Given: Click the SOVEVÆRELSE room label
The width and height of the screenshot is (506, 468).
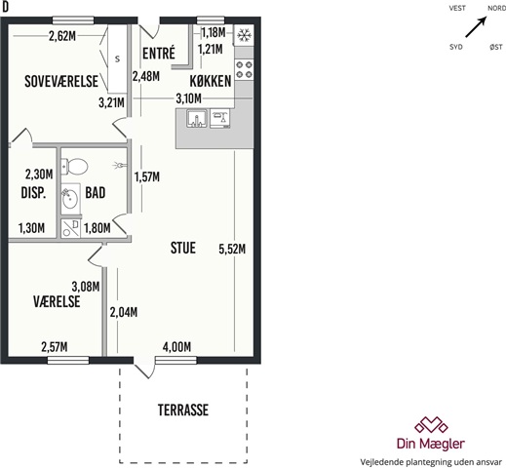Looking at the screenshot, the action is tap(61, 81).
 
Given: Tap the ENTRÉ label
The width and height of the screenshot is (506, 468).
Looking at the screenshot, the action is tap(159, 53).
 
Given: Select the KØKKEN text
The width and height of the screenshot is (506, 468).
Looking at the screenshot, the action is tap(211, 81).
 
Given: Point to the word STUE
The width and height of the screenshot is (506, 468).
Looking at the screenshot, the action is tap(183, 248).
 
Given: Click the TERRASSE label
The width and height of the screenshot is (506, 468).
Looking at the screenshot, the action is tap(183, 410).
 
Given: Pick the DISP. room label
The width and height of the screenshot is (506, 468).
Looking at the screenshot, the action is tap(33, 193).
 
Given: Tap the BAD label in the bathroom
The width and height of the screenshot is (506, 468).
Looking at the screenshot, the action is tap(96, 193).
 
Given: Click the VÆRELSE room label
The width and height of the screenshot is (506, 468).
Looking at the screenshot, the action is tap(57, 301).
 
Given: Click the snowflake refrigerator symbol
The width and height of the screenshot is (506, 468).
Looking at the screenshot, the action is tap(244, 35).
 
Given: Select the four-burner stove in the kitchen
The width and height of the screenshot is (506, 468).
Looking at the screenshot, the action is tap(244, 69).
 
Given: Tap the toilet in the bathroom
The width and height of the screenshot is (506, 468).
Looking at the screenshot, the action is tap(75, 166).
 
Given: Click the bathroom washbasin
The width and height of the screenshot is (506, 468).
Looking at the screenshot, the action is tap(70, 198).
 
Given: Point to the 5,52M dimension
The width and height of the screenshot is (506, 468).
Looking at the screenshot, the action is tap(232, 250).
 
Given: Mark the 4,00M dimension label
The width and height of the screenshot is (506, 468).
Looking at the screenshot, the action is tap(176, 347).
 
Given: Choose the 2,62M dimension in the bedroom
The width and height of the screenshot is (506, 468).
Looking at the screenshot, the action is tap(62, 36).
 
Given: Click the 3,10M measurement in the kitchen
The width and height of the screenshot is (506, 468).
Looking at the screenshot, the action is tap(188, 98).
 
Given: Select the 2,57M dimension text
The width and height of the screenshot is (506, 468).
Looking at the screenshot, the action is tap(55, 347).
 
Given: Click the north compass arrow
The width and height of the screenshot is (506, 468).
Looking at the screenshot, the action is tap(476, 27).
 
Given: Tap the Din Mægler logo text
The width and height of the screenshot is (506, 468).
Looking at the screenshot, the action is tap(431, 444).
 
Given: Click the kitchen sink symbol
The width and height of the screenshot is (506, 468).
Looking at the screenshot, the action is tap(197, 118).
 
